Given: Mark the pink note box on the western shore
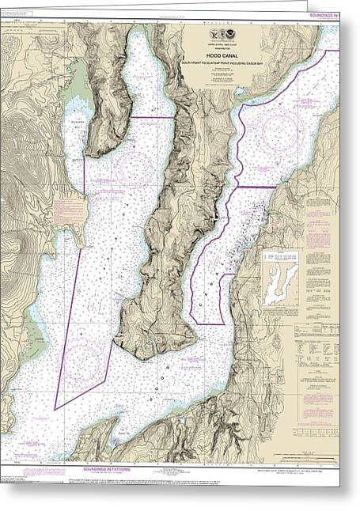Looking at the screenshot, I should coord(69,210).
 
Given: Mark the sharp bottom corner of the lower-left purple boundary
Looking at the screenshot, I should coord(55,409).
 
